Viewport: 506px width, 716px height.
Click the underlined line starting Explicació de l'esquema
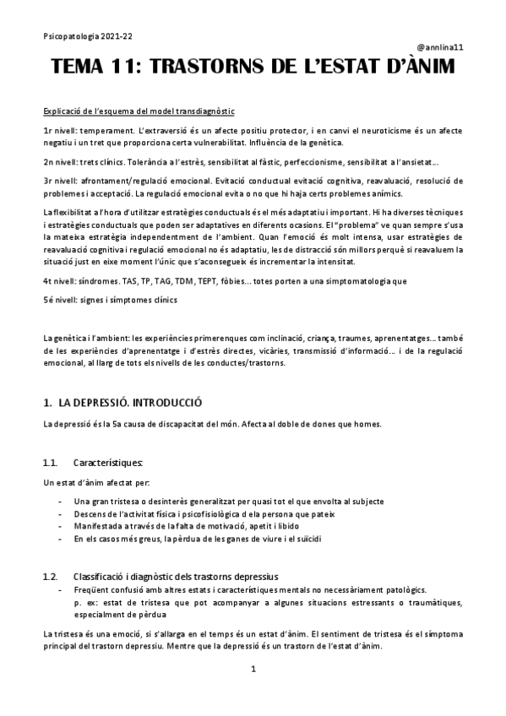tap(139, 111)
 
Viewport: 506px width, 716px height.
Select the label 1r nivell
tap(59, 133)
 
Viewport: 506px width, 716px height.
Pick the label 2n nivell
tap(60, 161)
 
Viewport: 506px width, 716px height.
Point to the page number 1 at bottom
tap(253, 669)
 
